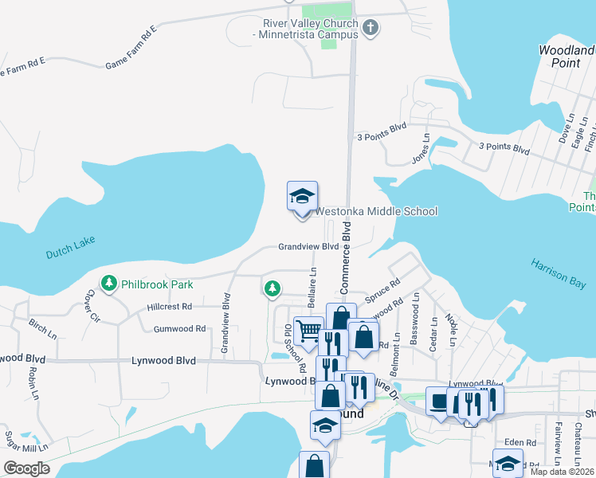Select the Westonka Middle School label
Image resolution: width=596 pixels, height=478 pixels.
click(376, 211)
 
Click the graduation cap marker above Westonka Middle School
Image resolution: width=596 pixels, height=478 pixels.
click(303, 196)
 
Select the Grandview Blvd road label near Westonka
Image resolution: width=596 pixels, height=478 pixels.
click(308, 247)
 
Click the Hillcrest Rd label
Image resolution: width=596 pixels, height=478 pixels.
click(169, 307)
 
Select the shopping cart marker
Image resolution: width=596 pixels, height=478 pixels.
click(307, 330)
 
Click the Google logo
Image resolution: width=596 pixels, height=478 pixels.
click(25, 468)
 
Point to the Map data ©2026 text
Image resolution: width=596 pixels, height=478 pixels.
click(563, 472)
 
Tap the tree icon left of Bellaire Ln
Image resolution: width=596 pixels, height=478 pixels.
click(273, 287)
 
